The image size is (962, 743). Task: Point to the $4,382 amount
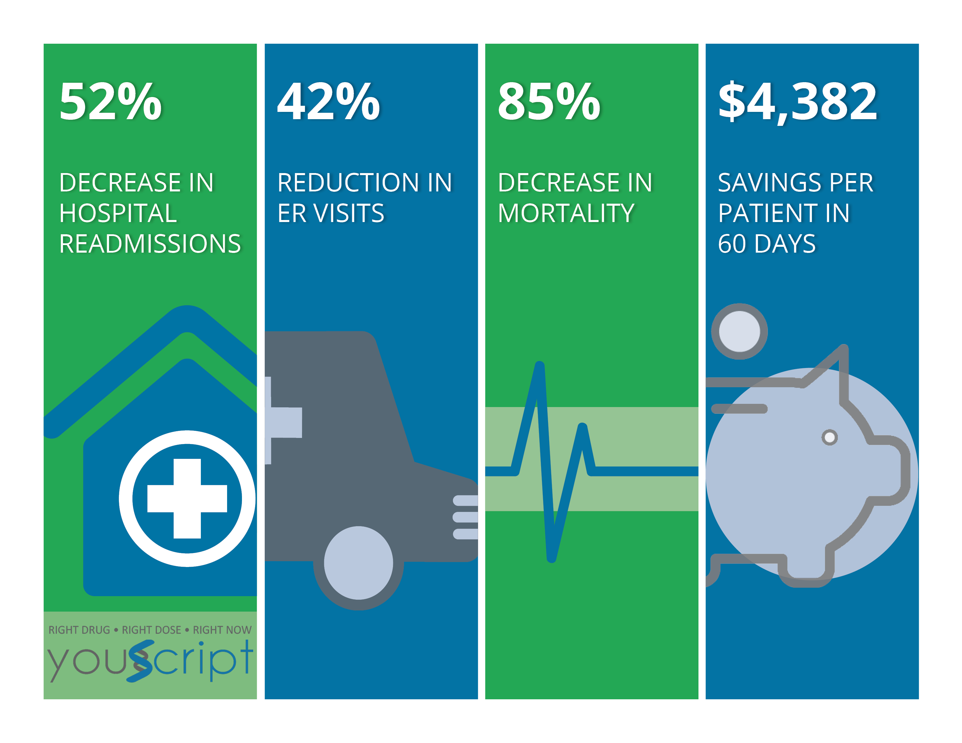pyautogui.click(x=798, y=102)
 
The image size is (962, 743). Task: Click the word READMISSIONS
pyautogui.click(x=150, y=244)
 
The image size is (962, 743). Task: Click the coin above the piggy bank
pyautogui.click(x=740, y=332)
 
